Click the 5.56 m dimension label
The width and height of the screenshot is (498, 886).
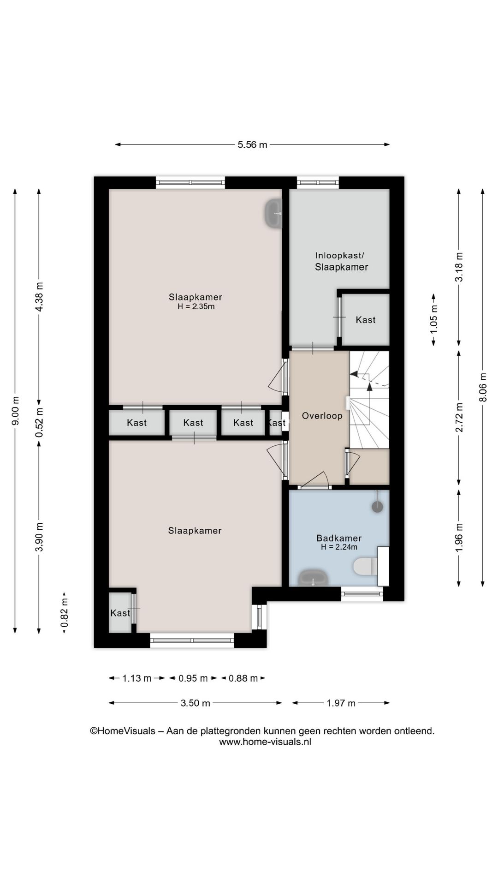252,145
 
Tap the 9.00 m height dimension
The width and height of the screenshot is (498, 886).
15,411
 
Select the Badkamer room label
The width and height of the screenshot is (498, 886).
339,538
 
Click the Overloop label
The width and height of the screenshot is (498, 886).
322,416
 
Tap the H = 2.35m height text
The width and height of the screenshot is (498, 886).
196,306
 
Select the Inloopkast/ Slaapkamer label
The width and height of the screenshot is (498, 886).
341,261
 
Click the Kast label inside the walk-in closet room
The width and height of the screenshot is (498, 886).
365,320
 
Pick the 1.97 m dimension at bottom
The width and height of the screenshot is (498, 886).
341,703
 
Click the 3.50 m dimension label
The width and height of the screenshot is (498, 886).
195,703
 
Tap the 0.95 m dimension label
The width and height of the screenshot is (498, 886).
193,678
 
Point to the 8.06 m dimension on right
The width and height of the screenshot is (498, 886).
483,387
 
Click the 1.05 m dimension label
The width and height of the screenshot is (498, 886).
433,320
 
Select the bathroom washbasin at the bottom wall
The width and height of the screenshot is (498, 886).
313,578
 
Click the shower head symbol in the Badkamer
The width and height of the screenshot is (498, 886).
377,507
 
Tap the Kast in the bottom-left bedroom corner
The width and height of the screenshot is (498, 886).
120,613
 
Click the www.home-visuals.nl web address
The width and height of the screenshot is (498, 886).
265,742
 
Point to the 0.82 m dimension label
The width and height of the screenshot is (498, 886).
65,612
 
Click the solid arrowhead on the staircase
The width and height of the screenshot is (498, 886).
369,387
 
